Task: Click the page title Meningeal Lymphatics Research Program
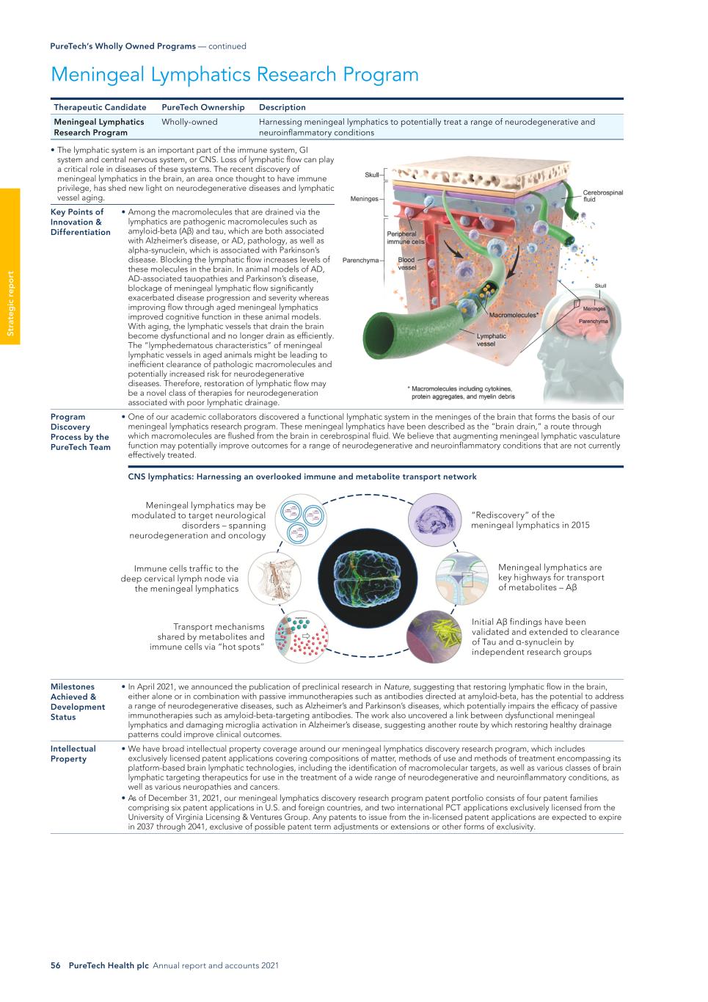click(x=235, y=75)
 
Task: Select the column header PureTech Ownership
click(x=202, y=107)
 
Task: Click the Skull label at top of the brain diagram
click(x=372, y=175)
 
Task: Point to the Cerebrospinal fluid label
click(x=602, y=196)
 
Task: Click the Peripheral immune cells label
click(x=405, y=238)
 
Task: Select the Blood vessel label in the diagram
click(x=406, y=264)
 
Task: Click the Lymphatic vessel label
click(x=491, y=340)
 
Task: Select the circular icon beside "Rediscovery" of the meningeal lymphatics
click(x=433, y=520)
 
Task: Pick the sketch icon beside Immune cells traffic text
click(x=274, y=578)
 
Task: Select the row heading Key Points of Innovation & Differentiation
click(x=80, y=222)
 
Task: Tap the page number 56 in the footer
click(x=55, y=965)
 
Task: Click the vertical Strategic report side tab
click(x=10, y=304)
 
